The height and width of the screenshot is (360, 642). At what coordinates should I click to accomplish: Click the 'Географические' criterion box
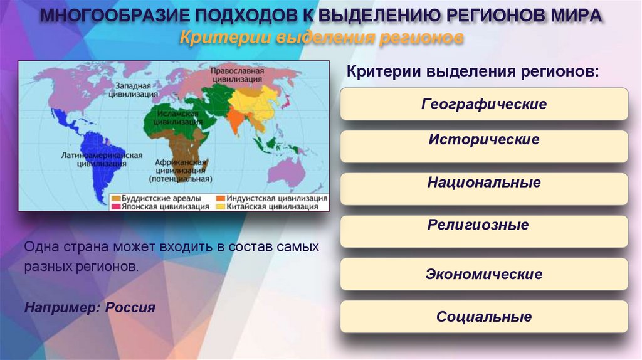pos(483,104)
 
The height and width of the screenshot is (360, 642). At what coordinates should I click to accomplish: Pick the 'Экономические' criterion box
pos(483,275)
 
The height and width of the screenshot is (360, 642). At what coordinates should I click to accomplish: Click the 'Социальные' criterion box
pos(483,317)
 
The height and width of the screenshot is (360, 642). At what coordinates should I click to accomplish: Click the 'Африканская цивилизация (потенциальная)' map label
pos(181,169)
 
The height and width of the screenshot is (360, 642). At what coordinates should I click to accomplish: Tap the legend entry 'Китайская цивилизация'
pos(270,206)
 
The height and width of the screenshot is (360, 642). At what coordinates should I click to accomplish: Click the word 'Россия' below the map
pos(130,308)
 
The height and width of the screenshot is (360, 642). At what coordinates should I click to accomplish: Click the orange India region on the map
pos(236,119)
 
